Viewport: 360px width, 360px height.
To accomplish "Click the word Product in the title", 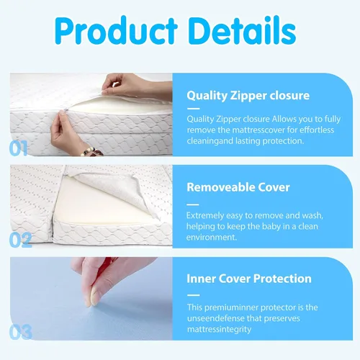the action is point(116,31).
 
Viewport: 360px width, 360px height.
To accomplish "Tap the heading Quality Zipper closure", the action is point(248,96).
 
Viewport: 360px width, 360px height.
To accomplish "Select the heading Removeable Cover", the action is point(238,187).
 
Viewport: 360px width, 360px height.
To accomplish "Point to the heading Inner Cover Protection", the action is point(249,279).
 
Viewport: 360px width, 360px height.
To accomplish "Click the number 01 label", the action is point(18,148).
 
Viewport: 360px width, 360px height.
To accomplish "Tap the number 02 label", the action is point(20,240).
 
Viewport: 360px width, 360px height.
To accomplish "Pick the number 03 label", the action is point(20,332).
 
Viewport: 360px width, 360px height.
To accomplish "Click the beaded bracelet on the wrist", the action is point(91,152).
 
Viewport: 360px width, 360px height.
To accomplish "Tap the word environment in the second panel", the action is point(212,238).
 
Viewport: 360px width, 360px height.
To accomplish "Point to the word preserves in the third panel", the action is point(282,319).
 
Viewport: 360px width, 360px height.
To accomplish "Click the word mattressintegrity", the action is point(219,330).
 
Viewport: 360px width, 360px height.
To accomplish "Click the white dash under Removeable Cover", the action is point(193,204).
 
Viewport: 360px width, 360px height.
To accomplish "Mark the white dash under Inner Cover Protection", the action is point(193,295).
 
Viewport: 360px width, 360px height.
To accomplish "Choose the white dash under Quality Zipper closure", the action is point(193,109).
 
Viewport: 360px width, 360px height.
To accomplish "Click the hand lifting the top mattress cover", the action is point(135,86).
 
